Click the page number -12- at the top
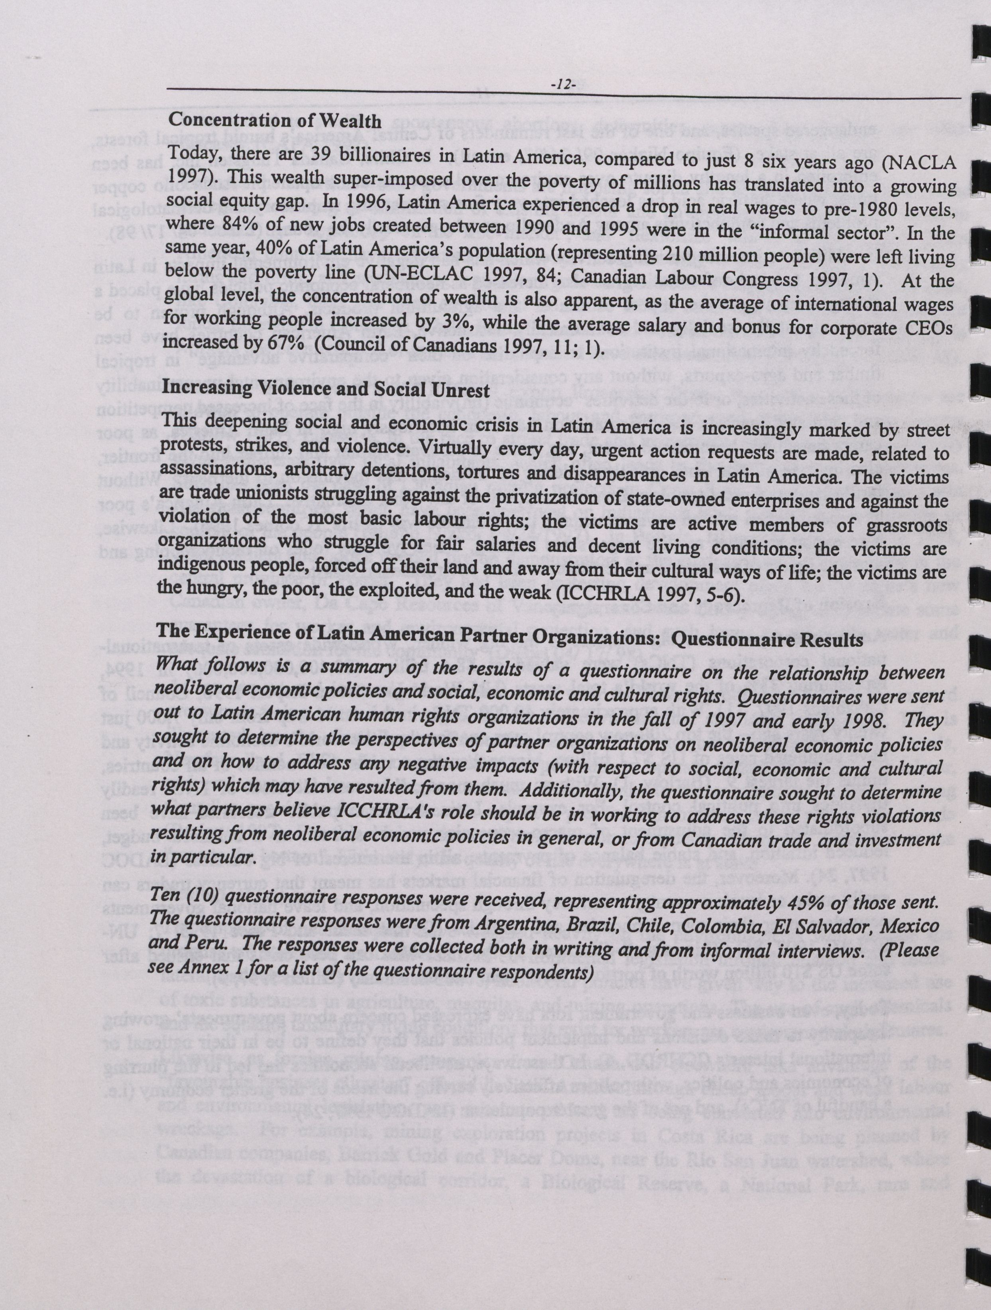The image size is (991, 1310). click(562, 85)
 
